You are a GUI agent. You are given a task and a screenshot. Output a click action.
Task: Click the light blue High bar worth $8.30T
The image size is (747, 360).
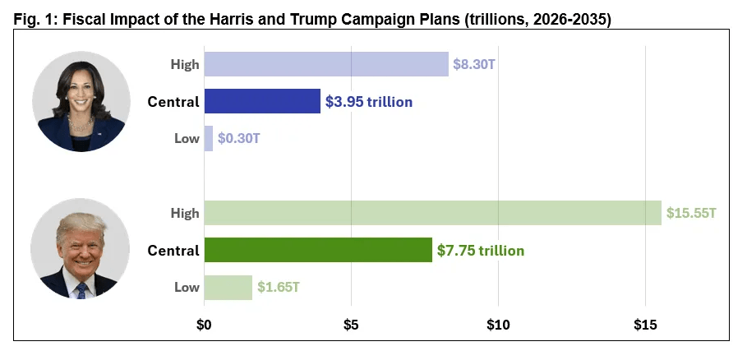point(326,64)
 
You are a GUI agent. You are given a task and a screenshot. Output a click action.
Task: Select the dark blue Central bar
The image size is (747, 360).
point(262,102)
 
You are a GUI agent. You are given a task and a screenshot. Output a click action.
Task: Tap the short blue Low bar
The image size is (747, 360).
point(209,138)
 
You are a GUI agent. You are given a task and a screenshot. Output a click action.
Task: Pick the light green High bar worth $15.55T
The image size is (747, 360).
point(432,213)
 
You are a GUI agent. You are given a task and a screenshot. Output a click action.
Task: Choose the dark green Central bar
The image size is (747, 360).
point(318,250)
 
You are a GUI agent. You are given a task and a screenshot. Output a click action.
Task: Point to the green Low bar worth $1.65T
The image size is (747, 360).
point(228,287)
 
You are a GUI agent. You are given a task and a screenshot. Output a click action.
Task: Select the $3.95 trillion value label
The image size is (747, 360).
point(369,102)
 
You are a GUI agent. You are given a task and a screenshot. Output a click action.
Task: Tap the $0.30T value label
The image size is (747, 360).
point(239,138)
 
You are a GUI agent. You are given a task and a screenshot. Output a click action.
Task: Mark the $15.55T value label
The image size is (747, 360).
point(692,213)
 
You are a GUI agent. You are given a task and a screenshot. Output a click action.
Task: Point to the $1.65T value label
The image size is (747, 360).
point(279,287)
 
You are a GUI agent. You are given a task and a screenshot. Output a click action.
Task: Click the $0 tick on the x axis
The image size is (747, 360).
point(205,325)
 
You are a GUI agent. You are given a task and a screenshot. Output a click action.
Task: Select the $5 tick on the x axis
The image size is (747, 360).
point(351,325)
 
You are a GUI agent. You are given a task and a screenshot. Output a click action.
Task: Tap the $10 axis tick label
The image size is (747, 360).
point(498,325)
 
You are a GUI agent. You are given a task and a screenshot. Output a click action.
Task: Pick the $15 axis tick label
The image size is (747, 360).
point(645,325)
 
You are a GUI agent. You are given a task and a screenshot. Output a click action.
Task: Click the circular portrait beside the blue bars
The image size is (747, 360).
point(81,102)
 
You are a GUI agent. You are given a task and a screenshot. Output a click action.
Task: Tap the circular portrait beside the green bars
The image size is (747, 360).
point(81,249)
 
